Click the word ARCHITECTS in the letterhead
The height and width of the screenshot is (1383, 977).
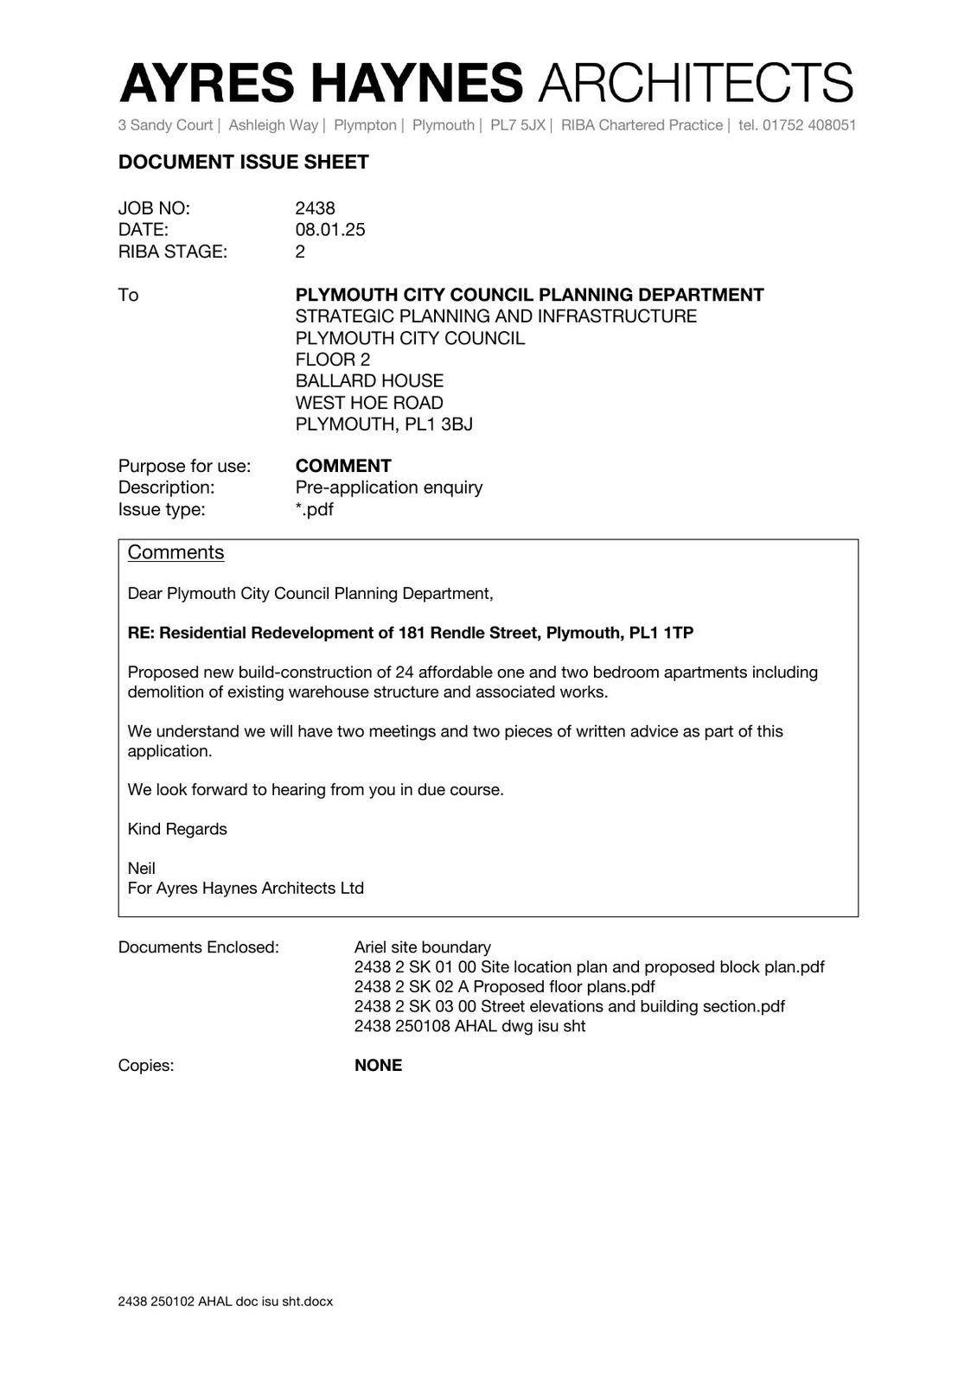click(x=696, y=83)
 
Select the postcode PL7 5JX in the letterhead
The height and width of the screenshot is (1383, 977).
click(x=518, y=125)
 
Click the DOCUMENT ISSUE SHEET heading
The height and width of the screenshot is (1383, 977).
click(x=243, y=163)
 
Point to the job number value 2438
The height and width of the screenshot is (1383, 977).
click(x=315, y=208)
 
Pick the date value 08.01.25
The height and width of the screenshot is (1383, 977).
click(x=329, y=230)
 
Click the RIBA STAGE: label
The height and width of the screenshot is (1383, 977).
click(x=172, y=252)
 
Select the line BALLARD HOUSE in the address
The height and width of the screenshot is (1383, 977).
click(x=369, y=381)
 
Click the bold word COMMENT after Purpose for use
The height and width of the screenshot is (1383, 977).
click(x=342, y=466)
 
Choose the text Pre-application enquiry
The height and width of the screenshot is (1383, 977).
click(x=388, y=488)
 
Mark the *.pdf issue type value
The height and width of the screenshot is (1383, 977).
click(x=314, y=509)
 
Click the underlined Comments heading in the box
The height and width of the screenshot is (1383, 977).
click(x=176, y=552)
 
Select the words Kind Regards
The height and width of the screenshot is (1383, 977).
click(x=177, y=829)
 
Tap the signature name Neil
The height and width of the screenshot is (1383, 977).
click(x=142, y=868)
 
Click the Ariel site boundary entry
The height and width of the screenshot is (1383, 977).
click(x=422, y=947)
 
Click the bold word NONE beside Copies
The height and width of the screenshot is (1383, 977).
click(x=378, y=1066)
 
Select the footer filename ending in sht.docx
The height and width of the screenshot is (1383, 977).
click(x=225, y=1301)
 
